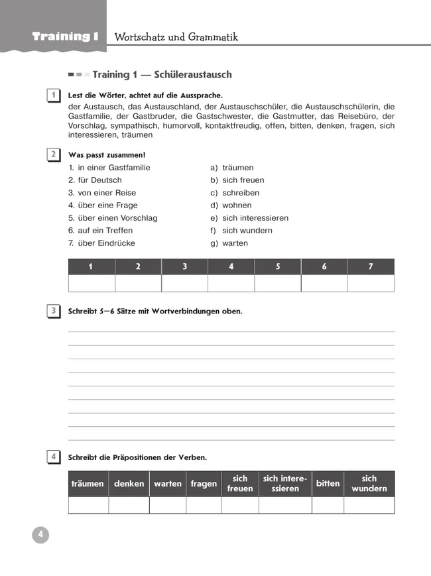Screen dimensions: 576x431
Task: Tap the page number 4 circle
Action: coord(40,535)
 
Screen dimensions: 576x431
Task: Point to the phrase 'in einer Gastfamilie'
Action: coord(109,168)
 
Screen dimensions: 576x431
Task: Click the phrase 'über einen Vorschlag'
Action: coord(113,218)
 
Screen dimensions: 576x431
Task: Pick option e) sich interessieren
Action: coord(249,218)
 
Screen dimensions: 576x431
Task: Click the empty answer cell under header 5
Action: coord(278,283)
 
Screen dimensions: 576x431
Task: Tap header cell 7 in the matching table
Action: coord(371,266)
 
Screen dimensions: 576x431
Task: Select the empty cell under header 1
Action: coord(92,283)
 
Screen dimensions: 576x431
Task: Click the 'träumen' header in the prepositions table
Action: coord(88,484)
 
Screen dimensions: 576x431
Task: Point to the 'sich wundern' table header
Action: coord(369,484)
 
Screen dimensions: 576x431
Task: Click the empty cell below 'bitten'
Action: coord(328,505)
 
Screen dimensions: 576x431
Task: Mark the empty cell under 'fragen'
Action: coord(204,505)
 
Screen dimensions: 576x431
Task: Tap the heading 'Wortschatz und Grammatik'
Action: coord(176,37)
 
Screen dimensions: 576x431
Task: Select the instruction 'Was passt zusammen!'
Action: coord(107,155)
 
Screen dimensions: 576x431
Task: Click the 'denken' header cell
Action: coord(129,484)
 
